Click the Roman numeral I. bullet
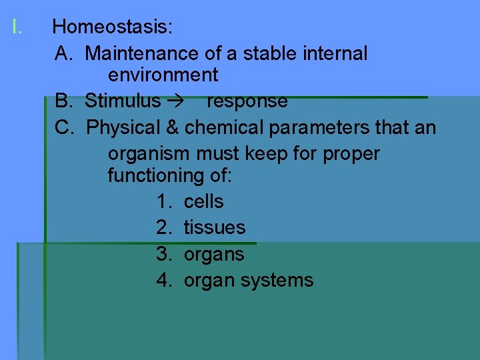pos(17,28)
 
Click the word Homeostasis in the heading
pos(112,28)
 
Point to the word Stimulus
pos(123,101)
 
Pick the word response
pos(247,101)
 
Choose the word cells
pos(203,201)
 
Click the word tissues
pos(215,227)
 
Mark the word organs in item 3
pos(214,255)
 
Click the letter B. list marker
pos(64,101)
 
